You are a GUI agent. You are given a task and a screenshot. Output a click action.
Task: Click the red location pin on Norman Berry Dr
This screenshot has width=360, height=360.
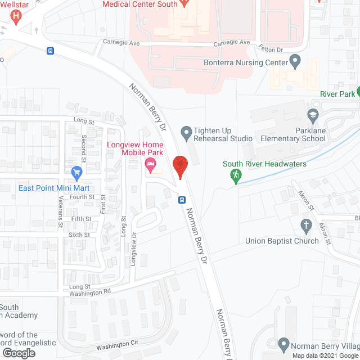tap(180, 166)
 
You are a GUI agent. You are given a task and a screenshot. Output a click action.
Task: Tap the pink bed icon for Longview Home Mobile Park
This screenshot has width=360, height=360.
tap(150, 165)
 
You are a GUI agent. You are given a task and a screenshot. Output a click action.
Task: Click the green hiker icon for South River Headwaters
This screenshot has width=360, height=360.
tap(236, 176)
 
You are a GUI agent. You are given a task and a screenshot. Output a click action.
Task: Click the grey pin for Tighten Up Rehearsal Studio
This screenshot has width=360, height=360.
tap(186, 133)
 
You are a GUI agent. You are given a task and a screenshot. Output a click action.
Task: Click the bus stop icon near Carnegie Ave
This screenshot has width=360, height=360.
tap(51, 51)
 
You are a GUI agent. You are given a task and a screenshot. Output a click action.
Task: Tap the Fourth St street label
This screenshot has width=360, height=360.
tap(82, 197)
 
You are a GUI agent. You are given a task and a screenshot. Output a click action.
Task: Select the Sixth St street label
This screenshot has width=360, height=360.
tap(79, 235)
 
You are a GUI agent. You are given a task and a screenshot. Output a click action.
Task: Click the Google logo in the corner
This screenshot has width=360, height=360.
tap(18, 353)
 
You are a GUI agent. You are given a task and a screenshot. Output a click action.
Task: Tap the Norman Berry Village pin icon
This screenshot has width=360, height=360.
tap(285, 344)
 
